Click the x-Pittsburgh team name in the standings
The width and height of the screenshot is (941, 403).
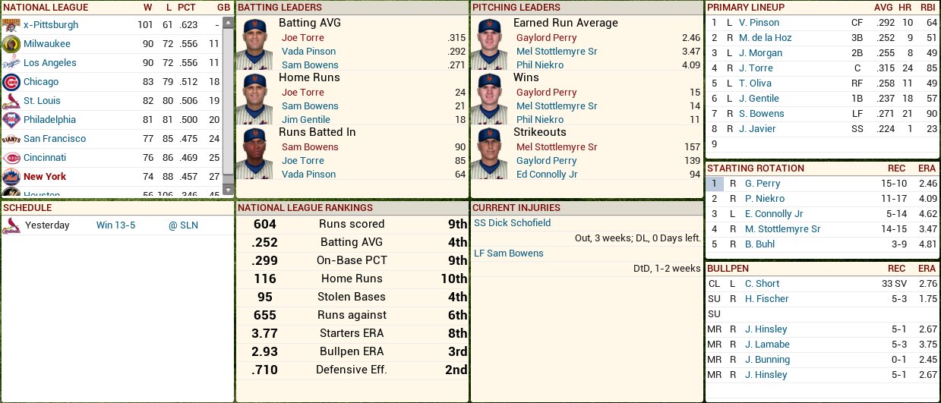click(x=51, y=25)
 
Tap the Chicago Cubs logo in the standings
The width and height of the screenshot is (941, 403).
click(x=11, y=82)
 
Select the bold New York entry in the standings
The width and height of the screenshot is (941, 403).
click(x=45, y=177)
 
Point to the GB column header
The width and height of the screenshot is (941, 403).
click(x=223, y=8)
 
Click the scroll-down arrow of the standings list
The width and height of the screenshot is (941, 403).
click(x=228, y=189)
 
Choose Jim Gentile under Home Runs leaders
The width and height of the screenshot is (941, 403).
click(x=310, y=120)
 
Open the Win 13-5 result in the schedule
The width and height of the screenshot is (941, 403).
click(x=115, y=225)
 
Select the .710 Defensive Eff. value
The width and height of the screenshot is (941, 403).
click(x=265, y=370)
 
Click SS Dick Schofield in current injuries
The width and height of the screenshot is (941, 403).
click(x=513, y=223)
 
